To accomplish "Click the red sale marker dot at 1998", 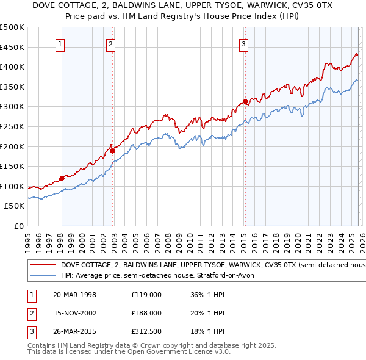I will pos(62,179).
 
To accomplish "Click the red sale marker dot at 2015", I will pos(245,101).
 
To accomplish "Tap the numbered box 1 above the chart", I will pos(61,43).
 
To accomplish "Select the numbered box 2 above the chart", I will pos(110,43).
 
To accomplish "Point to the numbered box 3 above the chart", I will pos(243,43).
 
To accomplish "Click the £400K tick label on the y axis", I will pos(12,67).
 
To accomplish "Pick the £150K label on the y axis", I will pos(12,166).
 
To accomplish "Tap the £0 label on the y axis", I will pos(18,226).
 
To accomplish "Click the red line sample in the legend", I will pos(43,265).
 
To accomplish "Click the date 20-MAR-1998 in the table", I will pos(74,294).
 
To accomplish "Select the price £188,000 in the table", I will pos(146,313).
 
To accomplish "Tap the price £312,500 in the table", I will pos(146,332).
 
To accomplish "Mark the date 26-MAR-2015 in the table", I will pos(74,332).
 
